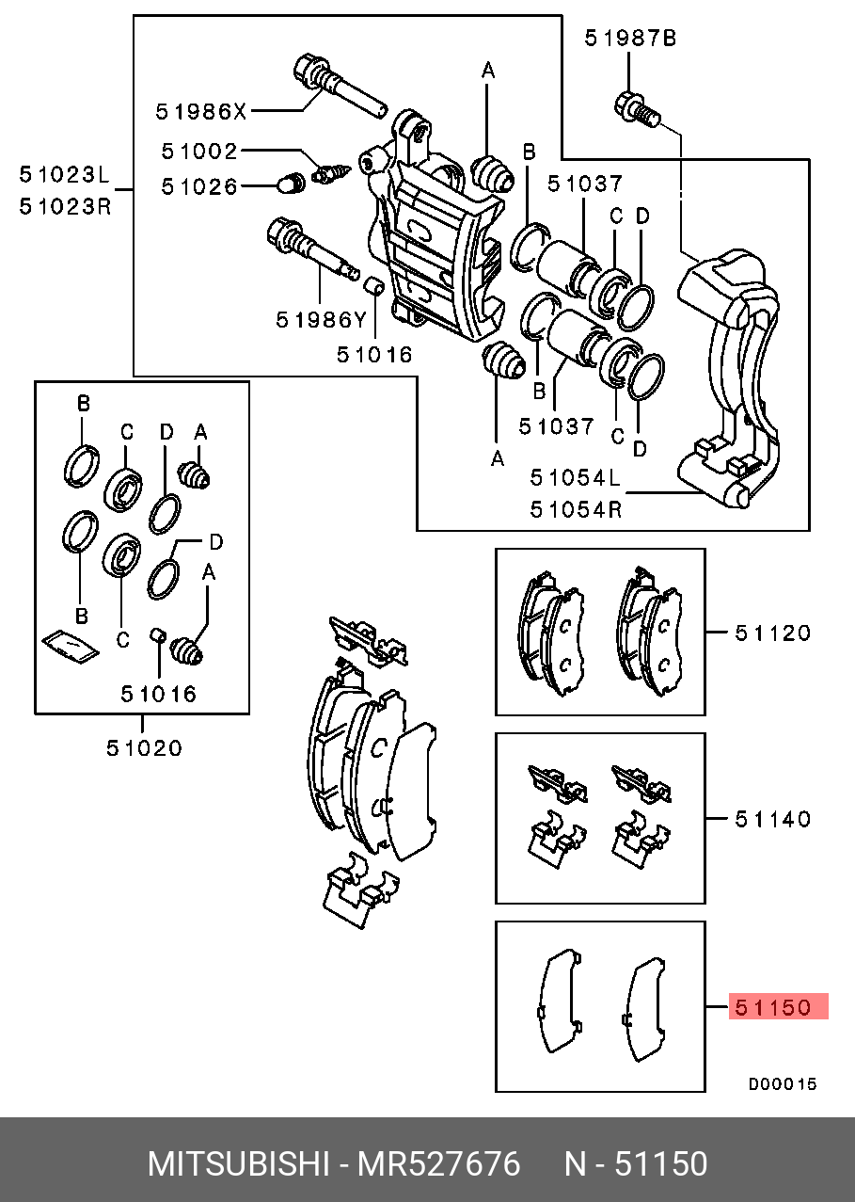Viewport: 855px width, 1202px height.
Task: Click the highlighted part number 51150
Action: (x=772, y=1007)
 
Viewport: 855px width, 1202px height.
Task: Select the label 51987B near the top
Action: (x=630, y=38)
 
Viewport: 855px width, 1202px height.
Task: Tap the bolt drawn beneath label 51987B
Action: (x=635, y=109)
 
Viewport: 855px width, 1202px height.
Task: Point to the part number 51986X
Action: (x=200, y=112)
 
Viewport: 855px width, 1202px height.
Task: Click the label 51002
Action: (x=199, y=151)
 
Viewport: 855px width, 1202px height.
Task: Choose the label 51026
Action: (x=199, y=187)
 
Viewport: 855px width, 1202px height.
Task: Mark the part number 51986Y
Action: (x=321, y=320)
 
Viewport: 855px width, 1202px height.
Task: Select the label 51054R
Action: (x=576, y=509)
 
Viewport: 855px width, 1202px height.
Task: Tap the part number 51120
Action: (x=772, y=633)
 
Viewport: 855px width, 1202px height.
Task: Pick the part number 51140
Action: (x=772, y=819)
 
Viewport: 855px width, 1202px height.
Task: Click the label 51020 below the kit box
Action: (x=144, y=749)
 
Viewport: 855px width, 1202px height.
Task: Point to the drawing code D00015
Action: (x=783, y=1084)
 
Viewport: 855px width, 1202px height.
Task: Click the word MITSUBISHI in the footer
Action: (x=236, y=1164)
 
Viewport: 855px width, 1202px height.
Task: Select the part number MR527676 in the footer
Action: (x=438, y=1164)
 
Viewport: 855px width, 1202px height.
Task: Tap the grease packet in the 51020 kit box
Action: (x=70, y=646)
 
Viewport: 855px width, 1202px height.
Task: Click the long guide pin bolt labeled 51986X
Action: (x=339, y=85)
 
